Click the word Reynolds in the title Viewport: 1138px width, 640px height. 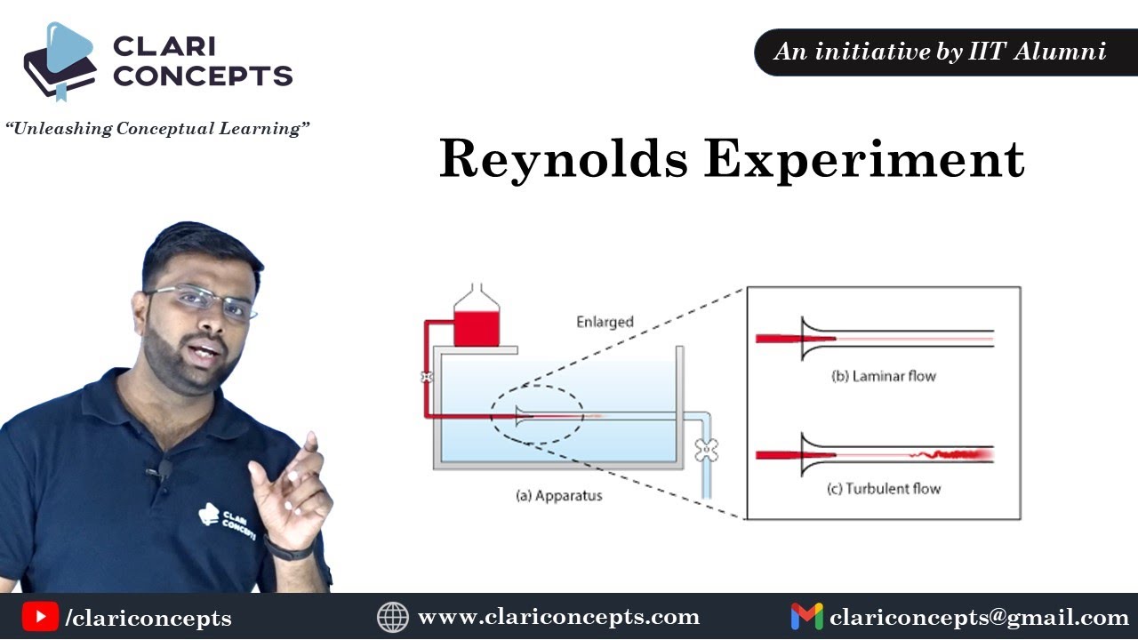coord(562,160)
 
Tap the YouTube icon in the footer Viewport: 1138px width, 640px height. coord(40,617)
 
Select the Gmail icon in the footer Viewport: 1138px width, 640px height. coord(806,617)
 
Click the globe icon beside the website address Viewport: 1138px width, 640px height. coord(392,617)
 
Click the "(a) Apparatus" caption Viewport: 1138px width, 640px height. coord(558,495)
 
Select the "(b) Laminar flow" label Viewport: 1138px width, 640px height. coord(883,376)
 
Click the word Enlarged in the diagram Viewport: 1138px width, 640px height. coord(605,322)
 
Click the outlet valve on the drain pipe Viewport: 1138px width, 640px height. coord(706,451)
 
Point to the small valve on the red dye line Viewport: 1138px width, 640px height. coord(428,377)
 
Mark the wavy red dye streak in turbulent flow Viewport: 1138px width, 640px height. coord(951,454)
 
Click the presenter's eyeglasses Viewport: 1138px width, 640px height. coord(203,300)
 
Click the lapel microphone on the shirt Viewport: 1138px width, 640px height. coord(165,468)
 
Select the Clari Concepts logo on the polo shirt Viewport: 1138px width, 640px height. coord(227,519)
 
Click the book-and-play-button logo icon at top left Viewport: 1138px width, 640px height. coord(60,60)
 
